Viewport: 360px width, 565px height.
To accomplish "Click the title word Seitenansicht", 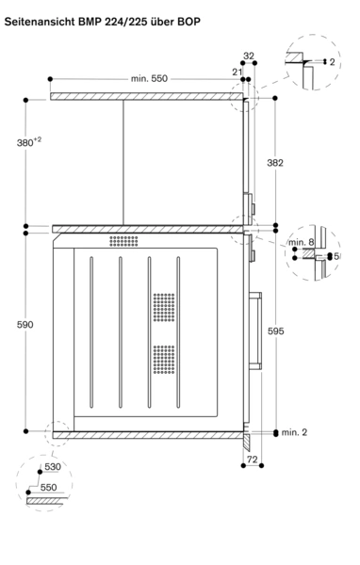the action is [39, 22].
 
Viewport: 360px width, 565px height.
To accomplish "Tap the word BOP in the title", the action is [188, 22].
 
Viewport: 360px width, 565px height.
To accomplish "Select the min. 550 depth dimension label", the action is [149, 78].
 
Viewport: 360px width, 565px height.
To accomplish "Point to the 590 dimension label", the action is [25, 325].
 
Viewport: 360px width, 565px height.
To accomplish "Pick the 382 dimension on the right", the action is [275, 163].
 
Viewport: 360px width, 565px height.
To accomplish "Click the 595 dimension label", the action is [275, 331].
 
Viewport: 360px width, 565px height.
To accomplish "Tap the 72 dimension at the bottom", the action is [253, 460].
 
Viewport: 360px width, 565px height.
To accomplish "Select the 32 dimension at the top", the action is [249, 56].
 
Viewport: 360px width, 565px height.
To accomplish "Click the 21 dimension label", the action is [237, 73].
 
